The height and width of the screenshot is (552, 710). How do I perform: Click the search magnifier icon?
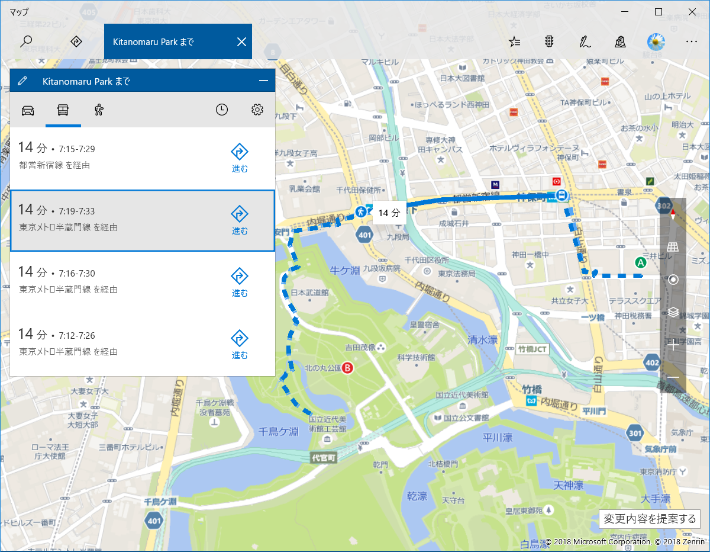(26, 41)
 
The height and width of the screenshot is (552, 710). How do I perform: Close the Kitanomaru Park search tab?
(241, 41)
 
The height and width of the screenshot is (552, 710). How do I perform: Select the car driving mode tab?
(28, 110)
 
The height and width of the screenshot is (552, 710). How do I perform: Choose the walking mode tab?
(99, 110)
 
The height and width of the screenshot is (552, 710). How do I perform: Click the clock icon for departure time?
(222, 110)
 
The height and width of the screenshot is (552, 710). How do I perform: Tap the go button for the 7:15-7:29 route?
(240, 158)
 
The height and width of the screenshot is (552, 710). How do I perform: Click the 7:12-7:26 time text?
(77, 336)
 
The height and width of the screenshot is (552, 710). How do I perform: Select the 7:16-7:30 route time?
(77, 274)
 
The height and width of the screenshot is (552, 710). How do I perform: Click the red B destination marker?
(348, 368)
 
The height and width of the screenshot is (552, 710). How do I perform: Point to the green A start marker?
(640, 262)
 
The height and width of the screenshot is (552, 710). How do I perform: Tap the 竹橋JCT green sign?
(532, 349)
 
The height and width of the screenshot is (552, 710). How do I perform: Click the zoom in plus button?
(673, 345)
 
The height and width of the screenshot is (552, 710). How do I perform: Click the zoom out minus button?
(673, 378)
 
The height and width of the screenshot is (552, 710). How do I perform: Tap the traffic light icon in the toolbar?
(549, 41)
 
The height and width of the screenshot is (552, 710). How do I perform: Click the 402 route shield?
(653, 362)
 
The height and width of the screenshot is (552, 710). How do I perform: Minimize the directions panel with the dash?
(264, 81)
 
